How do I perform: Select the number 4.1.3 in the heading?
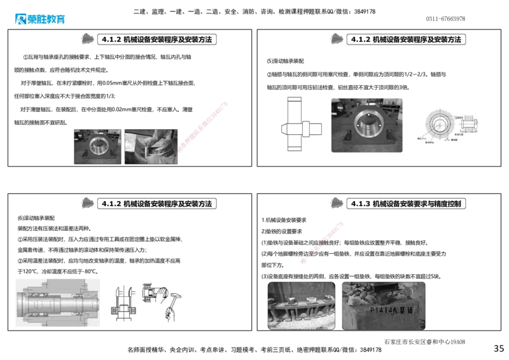(360, 204)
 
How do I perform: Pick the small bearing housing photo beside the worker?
(97, 146)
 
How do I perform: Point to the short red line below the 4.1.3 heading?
(323, 242)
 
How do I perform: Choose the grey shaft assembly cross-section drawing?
(59, 301)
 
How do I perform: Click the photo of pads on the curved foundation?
(301, 305)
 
